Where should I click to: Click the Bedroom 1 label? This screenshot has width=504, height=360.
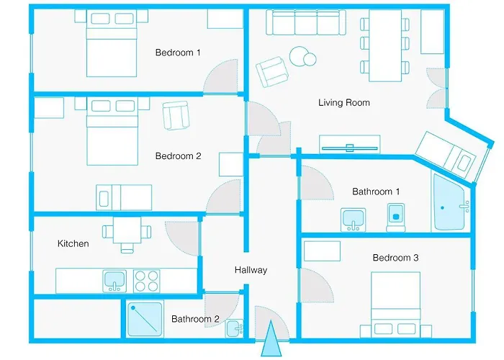178,53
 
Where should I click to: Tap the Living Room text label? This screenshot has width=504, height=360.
343,103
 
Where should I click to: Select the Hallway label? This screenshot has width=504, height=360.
251,270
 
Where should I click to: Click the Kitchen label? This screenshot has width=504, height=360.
73,243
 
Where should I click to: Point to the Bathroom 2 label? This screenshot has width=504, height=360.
195,319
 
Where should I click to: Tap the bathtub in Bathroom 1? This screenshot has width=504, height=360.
451,203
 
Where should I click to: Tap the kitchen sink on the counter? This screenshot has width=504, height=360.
115,280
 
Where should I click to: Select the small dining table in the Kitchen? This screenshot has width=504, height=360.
127,233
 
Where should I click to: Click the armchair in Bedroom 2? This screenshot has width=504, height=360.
175,115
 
